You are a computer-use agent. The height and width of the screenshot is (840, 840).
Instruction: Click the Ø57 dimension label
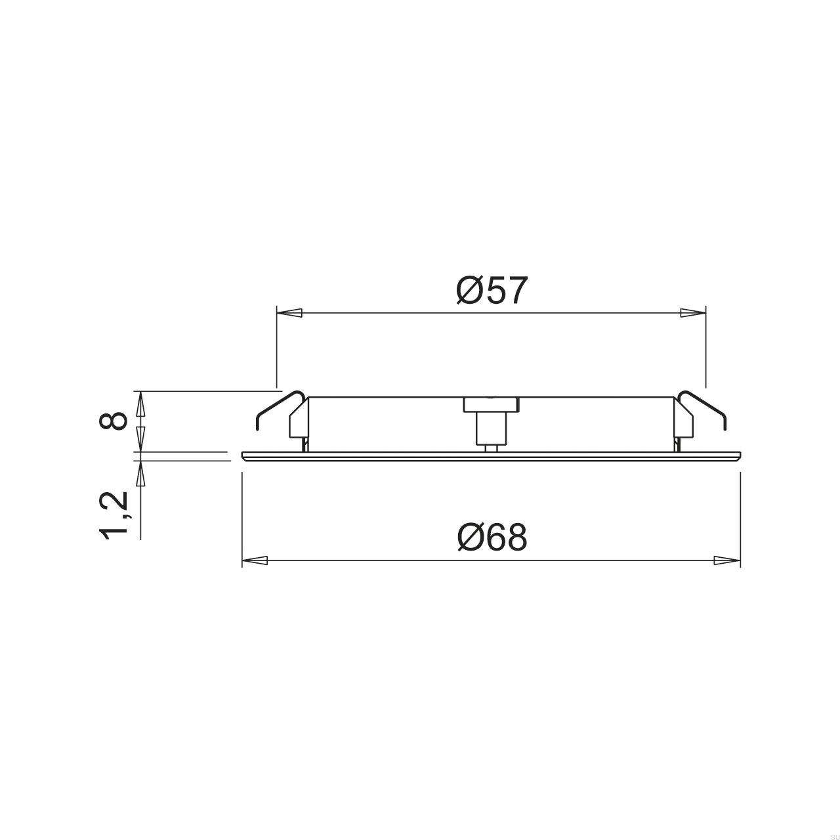492,291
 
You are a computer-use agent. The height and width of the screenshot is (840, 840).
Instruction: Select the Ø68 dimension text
492,538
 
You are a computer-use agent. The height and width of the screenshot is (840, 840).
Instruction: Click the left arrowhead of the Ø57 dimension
289,313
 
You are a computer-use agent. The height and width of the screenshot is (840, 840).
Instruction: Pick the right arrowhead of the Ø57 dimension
693,313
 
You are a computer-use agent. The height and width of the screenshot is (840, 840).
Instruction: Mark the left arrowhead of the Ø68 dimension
255,560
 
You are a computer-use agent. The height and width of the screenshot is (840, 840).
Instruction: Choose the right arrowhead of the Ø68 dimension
727,560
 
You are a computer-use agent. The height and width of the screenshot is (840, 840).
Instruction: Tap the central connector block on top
491,404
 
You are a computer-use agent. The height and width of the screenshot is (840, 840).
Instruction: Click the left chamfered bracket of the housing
299,420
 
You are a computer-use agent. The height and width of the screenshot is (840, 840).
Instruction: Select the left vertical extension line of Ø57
277,348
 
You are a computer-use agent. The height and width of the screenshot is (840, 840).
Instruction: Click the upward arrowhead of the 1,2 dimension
140,473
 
